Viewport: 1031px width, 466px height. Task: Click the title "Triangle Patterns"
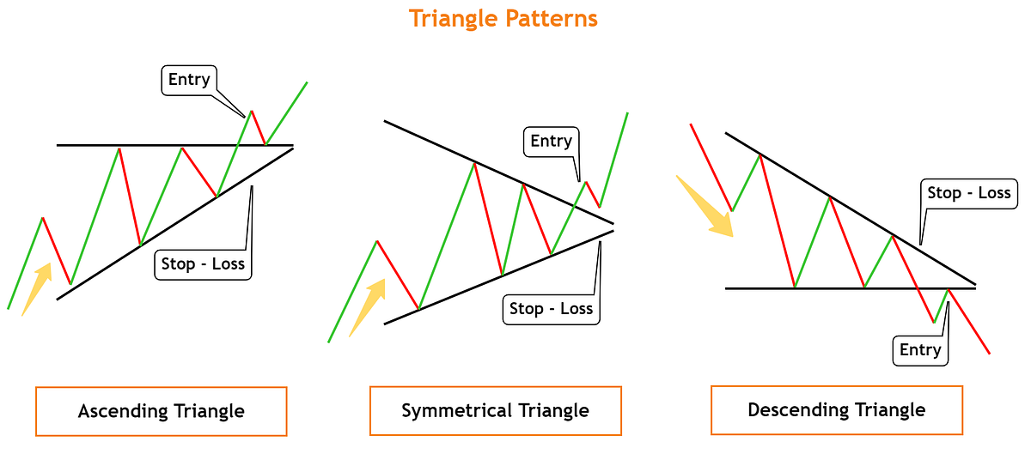(503, 19)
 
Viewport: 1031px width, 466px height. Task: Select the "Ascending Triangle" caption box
(161, 411)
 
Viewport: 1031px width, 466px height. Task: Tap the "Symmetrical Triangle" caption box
(495, 410)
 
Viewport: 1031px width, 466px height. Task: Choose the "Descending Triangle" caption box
(836, 409)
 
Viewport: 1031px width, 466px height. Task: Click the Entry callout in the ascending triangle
(189, 80)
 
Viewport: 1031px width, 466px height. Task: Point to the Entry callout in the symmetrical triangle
(551, 142)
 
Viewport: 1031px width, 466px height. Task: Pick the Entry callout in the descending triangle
(920, 350)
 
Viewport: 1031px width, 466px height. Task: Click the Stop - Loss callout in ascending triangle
(203, 264)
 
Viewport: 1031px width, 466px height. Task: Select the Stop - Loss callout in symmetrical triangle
(551, 309)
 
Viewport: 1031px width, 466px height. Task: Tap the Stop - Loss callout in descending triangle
(968, 193)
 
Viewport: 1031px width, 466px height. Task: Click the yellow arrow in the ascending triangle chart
(36, 288)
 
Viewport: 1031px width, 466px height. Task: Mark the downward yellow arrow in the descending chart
(705, 206)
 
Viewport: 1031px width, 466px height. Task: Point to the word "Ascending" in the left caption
(117, 411)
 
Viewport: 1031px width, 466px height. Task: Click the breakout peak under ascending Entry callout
(252, 111)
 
